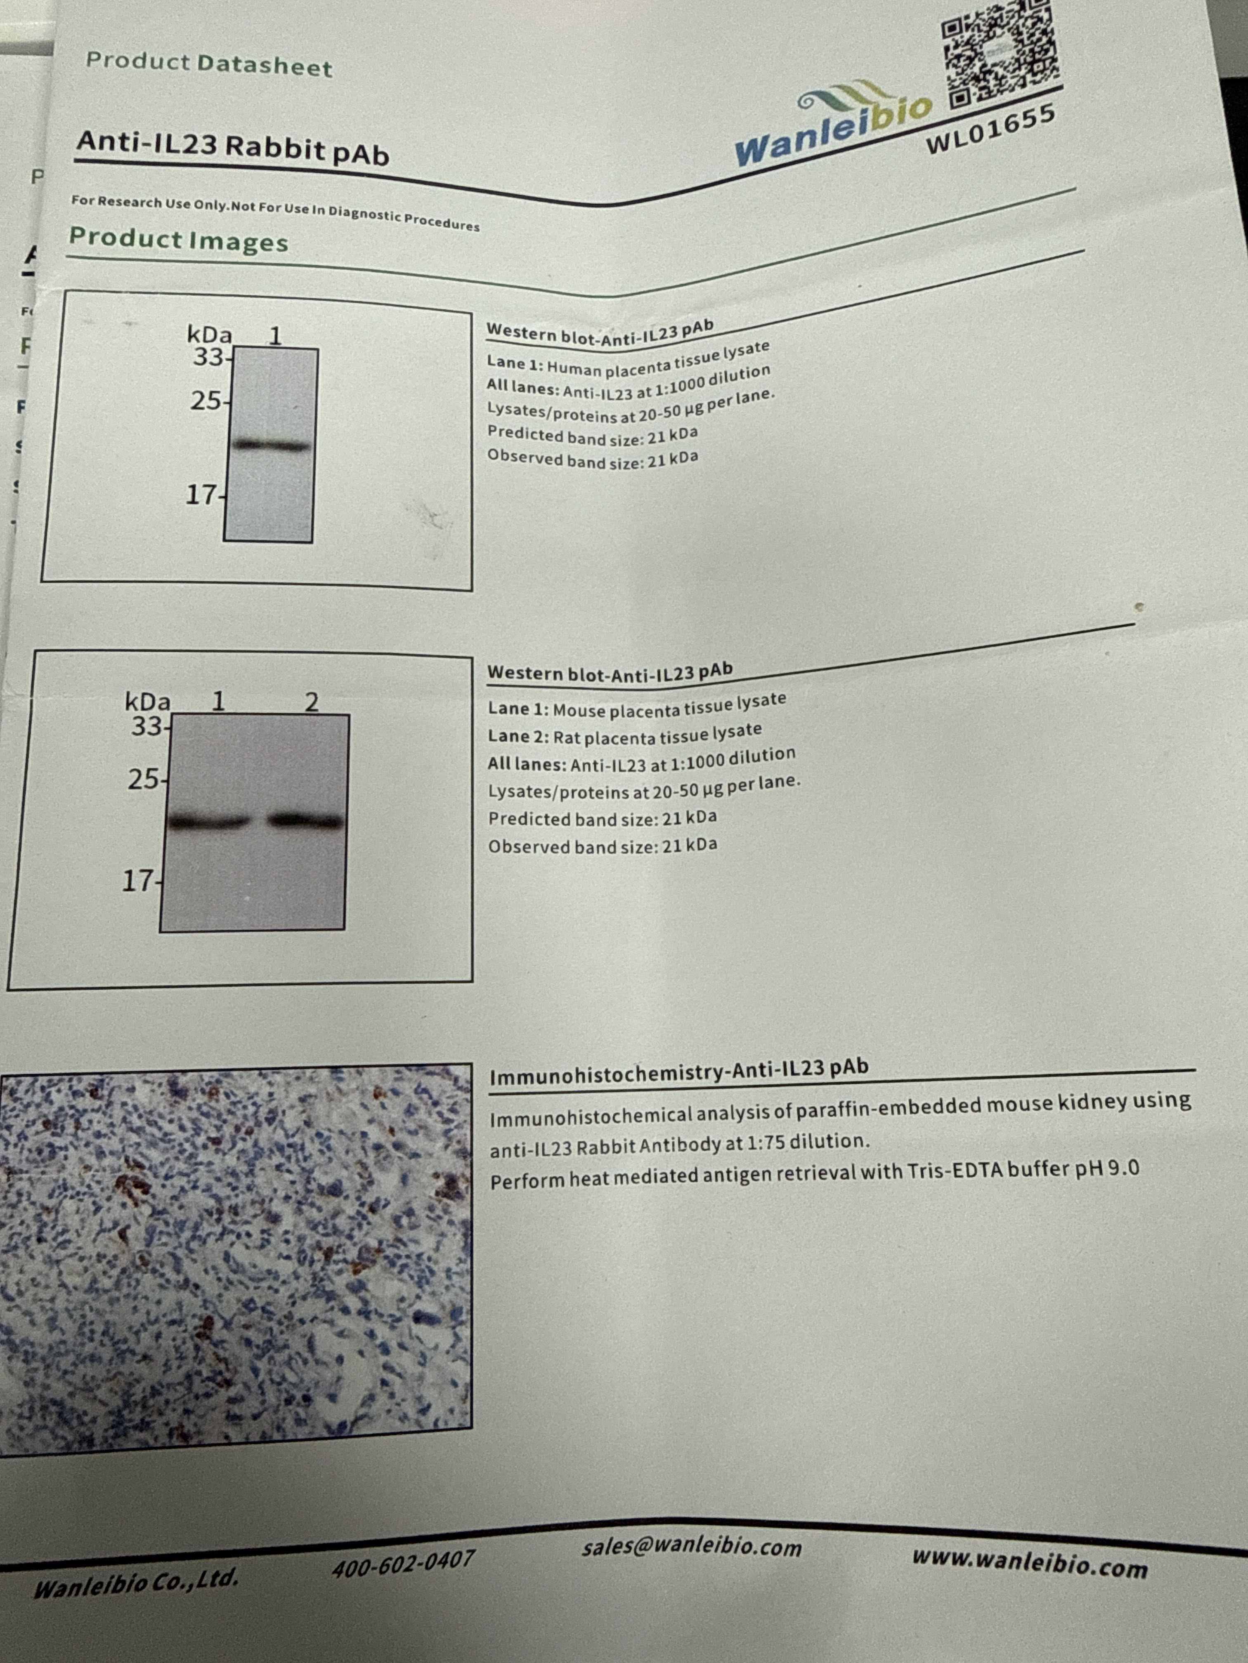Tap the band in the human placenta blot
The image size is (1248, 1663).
[x=272, y=445]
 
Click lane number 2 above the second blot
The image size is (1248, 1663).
[x=312, y=702]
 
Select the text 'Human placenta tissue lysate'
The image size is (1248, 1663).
[x=658, y=360]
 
